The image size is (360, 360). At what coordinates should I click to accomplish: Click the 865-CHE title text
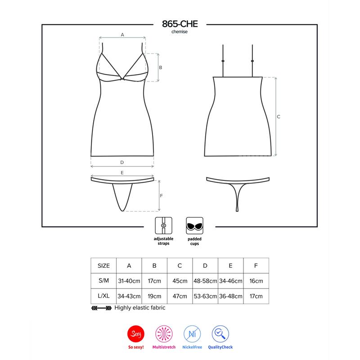tap(180, 25)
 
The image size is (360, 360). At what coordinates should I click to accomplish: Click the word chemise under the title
tap(180, 32)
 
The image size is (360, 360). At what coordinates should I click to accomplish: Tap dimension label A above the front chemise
tap(122, 34)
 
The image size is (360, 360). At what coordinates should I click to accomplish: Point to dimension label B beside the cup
tap(160, 67)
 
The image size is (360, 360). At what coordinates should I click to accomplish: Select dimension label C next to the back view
tap(279, 117)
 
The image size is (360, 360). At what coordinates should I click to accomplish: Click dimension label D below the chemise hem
tap(122, 162)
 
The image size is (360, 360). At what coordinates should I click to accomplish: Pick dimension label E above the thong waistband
tap(122, 172)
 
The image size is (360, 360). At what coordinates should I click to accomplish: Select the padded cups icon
tap(194, 225)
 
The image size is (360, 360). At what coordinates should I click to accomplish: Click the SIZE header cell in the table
tap(103, 265)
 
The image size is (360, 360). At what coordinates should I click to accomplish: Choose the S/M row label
tap(103, 281)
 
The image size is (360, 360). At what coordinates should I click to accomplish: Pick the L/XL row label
tap(103, 296)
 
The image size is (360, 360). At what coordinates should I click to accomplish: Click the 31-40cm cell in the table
tap(129, 281)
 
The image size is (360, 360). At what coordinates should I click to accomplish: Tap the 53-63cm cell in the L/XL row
tap(205, 296)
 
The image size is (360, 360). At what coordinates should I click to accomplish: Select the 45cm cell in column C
tap(180, 281)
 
